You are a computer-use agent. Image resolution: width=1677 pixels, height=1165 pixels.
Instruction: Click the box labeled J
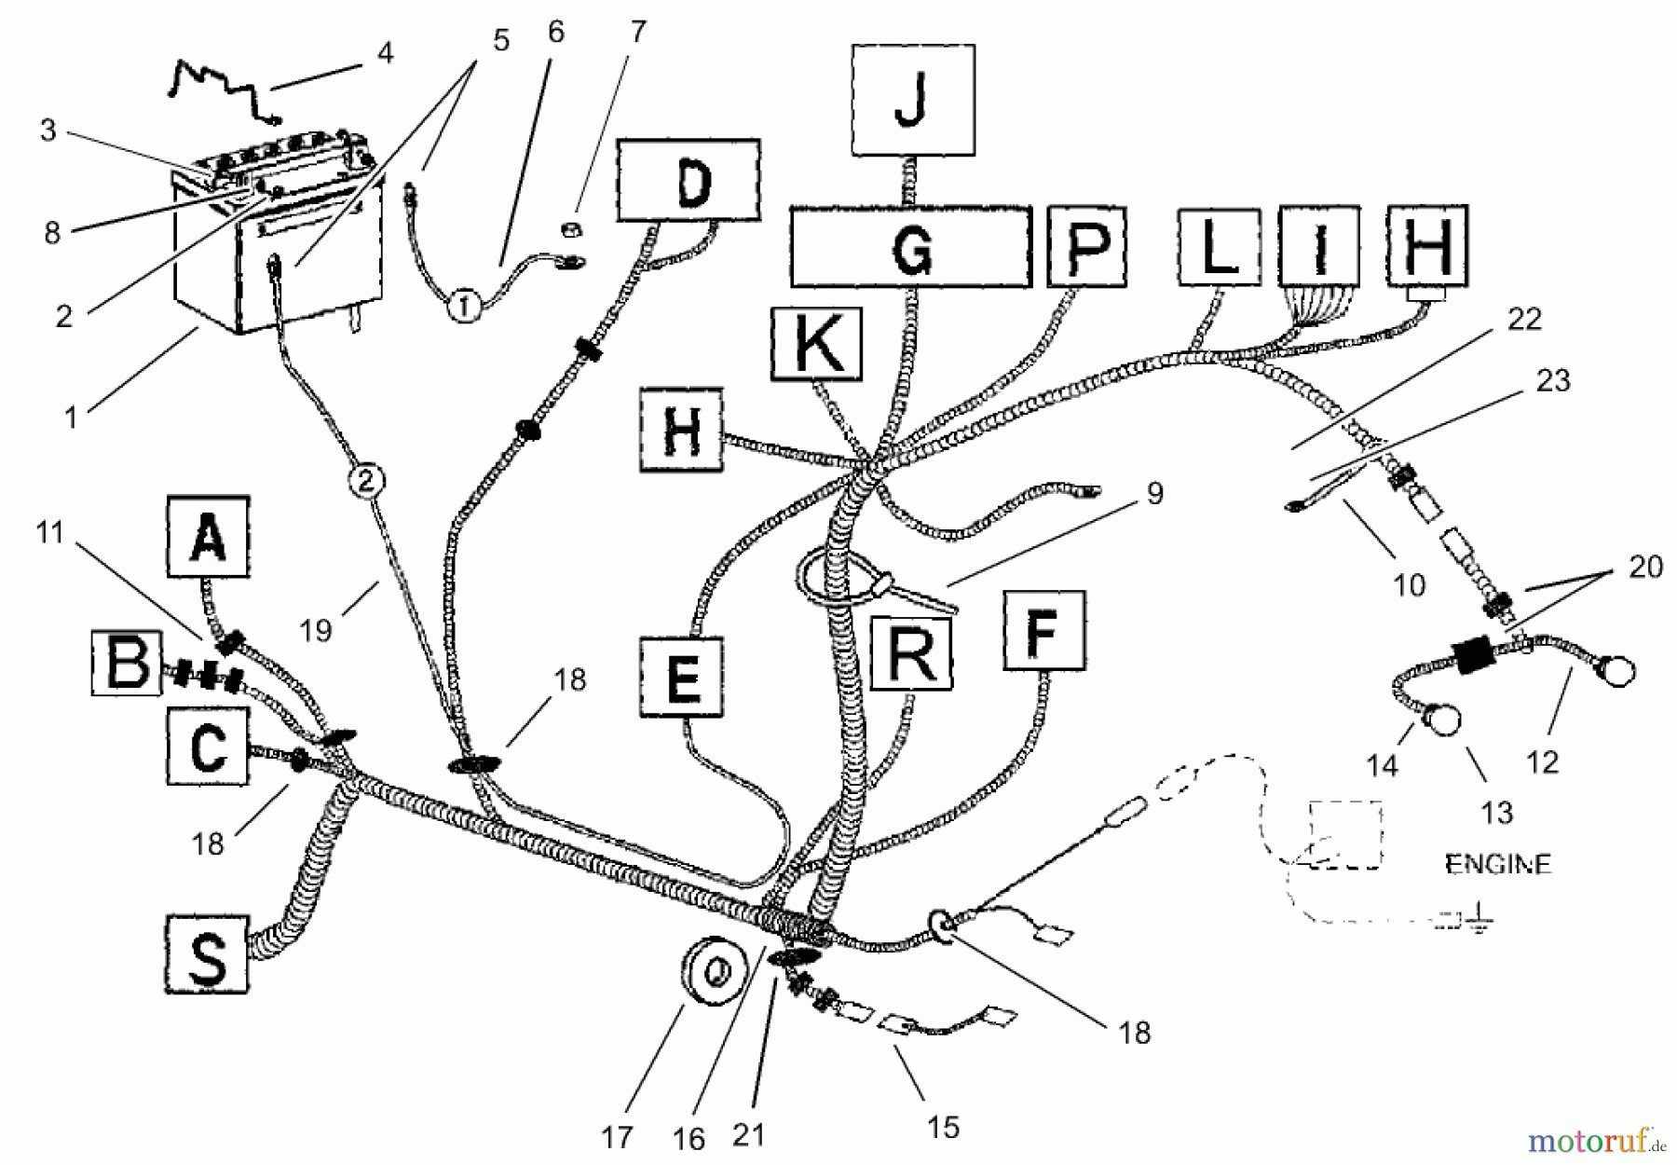(913, 100)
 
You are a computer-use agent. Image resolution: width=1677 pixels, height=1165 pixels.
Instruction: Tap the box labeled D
(689, 180)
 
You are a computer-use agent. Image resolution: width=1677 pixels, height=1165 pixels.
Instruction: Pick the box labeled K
(816, 343)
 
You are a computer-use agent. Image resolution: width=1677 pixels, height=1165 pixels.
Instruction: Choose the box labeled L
(1219, 246)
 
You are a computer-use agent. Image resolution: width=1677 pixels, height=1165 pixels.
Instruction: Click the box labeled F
(1043, 630)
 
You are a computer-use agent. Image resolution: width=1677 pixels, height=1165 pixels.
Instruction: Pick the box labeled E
(682, 678)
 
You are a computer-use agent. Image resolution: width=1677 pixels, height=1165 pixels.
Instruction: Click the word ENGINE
(1498, 864)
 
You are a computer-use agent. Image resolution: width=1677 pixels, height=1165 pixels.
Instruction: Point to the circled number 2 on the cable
(365, 481)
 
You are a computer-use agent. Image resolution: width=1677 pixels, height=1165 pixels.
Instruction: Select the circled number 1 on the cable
(466, 304)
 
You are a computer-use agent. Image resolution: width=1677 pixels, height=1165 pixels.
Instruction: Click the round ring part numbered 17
(714, 973)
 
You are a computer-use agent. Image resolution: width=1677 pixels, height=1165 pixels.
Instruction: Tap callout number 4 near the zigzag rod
(385, 53)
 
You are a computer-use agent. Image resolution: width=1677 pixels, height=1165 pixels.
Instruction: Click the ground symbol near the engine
(1479, 923)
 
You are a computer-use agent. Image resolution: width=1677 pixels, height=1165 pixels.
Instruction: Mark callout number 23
(1552, 380)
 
